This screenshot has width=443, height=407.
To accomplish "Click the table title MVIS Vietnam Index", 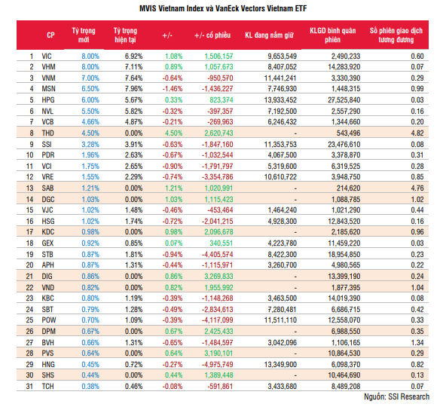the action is tap(172, 8).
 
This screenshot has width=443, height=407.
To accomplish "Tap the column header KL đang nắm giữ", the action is tap(269, 35).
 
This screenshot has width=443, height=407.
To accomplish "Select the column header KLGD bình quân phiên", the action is tap(332, 35).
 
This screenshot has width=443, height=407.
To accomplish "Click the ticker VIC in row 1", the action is tap(47, 57).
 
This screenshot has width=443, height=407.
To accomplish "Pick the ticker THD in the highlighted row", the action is tap(47, 133).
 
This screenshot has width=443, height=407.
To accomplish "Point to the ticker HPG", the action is tap(48, 100).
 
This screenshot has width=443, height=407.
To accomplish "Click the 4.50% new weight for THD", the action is tap(90, 133).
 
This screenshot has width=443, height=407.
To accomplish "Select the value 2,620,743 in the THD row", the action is tap(218, 133).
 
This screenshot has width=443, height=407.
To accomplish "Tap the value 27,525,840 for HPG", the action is tap(344, 100).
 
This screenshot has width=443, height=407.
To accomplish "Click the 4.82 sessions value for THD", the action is tap(417, 133).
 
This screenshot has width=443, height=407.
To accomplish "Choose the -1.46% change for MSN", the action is tap(173, 89).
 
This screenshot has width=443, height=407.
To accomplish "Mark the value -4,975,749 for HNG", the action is tap(217, 365).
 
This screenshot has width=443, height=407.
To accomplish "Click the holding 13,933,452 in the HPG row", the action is tap(280, 100).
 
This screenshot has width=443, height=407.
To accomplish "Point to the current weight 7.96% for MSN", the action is tap(133, 89).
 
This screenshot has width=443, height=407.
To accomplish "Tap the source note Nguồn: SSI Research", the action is tap(396, 396).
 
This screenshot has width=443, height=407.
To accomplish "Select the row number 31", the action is tap(29, 387).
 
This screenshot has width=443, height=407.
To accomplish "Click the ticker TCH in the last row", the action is tap(47, 387).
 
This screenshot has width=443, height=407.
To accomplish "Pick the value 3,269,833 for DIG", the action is tap(218, 277).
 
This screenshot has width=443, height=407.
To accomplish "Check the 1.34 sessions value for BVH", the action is tap(417, 342).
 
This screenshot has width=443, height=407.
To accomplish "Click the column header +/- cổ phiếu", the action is tap(212, 35).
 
